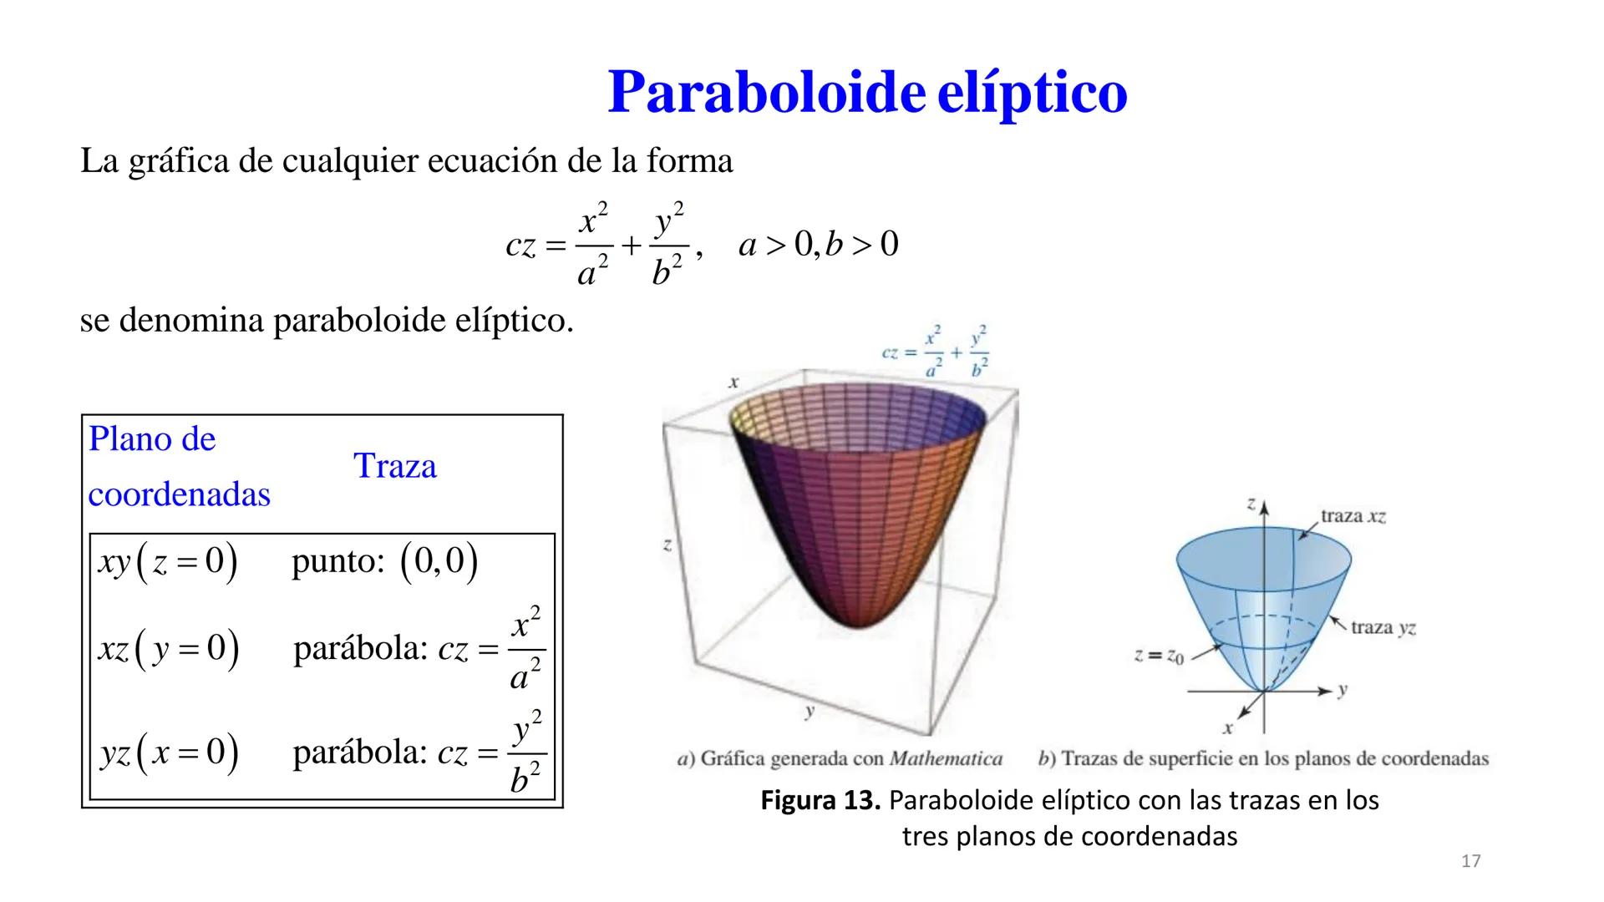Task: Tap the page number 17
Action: (x=1471, y=861)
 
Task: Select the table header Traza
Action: (x=394, y=466)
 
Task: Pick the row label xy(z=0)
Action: (x=168, y=562)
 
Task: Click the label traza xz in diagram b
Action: (x=1353, y=516)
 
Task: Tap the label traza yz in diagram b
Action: (x=1383, y=627)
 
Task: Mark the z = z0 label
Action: (x=1160, y=656)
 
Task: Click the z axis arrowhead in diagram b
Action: (x=1264, y=508)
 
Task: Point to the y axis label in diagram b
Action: (x=1342, y=691)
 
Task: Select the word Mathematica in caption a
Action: (x=946, y=759)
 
